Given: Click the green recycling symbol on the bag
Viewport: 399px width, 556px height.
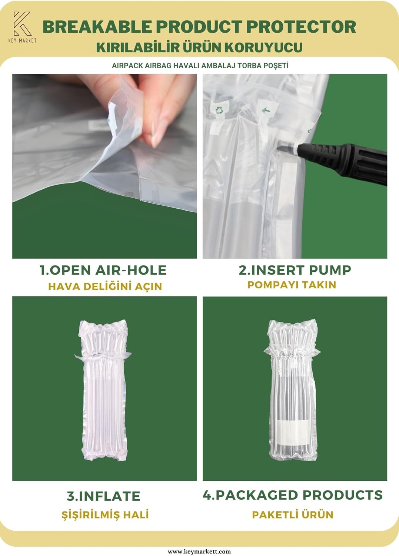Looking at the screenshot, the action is pos(219,110).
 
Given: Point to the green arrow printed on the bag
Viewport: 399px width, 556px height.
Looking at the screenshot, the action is pos(266,110).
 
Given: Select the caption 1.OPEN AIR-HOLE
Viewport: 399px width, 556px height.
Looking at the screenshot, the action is pos(103,270).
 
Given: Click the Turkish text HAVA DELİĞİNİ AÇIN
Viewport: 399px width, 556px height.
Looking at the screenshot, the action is pos(105,286).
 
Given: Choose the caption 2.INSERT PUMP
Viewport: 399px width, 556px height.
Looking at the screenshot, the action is pos(295,270).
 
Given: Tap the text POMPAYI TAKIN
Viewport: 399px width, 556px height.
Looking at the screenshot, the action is pos(292,285).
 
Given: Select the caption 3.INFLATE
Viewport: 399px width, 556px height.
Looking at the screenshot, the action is pos(103,496).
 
